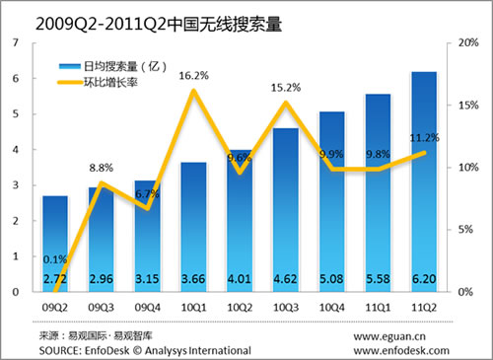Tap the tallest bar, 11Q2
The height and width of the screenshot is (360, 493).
[x=423, y=178]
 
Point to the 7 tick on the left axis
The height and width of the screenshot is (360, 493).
[x=15, y=42]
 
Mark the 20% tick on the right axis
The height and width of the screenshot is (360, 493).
[x=469, y=42]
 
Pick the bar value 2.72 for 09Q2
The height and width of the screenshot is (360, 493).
[x=55, y=280]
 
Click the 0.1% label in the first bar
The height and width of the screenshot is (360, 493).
[x=55, y=259]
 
